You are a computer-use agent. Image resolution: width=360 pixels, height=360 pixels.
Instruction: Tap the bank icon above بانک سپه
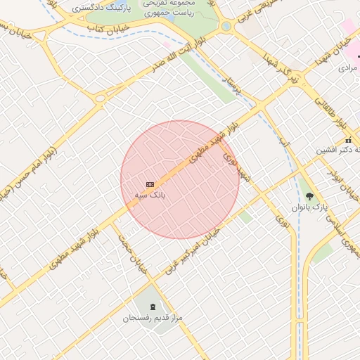pyautogui.click(x=149, y=184)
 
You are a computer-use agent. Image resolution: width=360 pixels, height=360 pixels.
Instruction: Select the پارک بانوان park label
pyautogui.click(x=310, y=207)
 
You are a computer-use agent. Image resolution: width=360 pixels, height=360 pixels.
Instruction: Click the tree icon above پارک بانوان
pyautogui.click(x=310, y=196)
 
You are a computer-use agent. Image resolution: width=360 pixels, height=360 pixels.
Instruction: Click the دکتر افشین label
pyautogui.click(x=340, y=150)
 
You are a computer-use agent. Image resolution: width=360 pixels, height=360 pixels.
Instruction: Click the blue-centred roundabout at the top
pyautogui.click(x=226, y=27)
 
